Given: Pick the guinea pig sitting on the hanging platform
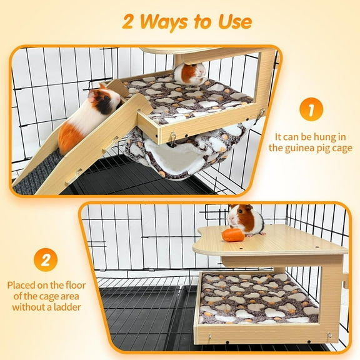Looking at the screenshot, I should [x=189, y=74].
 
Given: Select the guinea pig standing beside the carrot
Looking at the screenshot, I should [x=245, y=219].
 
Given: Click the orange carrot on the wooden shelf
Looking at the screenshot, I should [x=232, y=235].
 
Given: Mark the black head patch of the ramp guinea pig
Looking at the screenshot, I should [x=105, y=97].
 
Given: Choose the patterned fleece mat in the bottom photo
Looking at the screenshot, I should [x=257, y=299].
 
